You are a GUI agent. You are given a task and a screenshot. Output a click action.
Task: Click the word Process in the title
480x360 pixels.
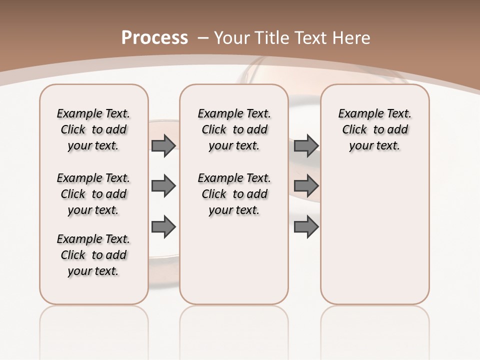point(154,38)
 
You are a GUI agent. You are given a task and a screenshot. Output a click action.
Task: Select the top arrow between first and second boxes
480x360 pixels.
point(163,146)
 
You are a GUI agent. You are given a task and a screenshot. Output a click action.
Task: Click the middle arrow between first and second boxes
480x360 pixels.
point(163,186)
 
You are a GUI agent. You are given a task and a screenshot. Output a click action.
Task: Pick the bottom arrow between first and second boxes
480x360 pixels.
point(163,226)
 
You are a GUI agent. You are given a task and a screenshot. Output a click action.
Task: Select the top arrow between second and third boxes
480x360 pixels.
point(306,146)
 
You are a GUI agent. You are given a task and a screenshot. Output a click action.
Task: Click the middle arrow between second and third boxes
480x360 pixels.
point(306,186)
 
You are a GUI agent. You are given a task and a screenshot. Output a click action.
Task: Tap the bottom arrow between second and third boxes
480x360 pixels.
point(306,226)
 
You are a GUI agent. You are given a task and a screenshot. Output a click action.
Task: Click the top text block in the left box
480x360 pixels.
point(93,129)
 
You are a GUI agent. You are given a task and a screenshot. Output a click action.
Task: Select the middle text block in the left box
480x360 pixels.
point(93,194)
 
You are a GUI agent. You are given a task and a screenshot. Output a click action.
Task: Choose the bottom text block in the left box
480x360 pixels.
point(93,255)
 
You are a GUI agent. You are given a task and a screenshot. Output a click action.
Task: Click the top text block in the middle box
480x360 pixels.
point(234,129)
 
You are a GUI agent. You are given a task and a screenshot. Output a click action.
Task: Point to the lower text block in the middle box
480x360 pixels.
point(234,194)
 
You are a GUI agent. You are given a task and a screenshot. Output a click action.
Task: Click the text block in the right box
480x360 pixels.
point(375,129)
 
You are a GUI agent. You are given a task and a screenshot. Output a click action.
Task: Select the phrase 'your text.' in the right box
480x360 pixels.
point(375,146)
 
